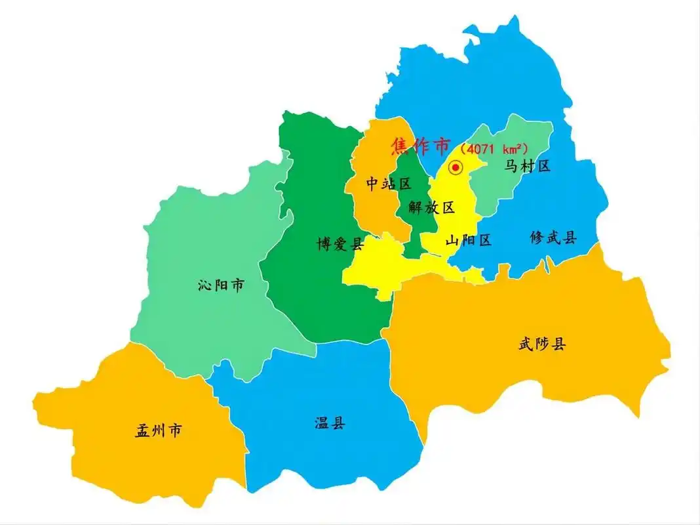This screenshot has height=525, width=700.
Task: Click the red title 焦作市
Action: tap(421, 146)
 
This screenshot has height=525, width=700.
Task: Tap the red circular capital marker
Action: tap(456, 167)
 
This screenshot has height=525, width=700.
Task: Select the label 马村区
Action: tap(527, 166)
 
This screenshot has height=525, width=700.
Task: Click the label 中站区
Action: tap(388, 184)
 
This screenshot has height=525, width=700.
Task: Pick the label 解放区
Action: tap(431, 208)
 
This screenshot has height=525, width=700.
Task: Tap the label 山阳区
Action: tap(468, 240)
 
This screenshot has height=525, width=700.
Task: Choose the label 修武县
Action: tap(553, 238)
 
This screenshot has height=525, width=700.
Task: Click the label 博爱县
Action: tap(340, 245)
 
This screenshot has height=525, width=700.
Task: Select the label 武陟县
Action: tap(541, 343)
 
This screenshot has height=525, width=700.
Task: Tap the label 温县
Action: tap(329, 423)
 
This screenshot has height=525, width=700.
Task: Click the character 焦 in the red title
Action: tap(400, 146)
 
